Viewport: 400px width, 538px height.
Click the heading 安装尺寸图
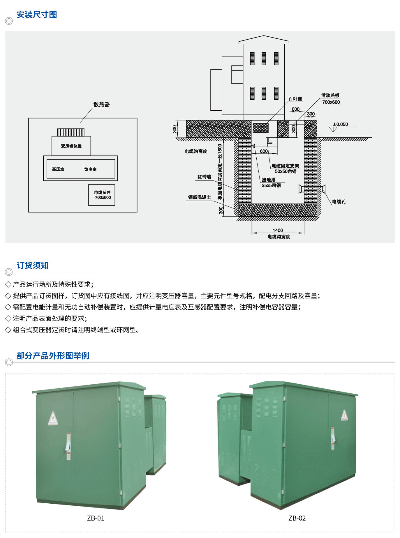[x=37, y=15]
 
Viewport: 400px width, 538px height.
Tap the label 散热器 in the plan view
[x=101, y=104]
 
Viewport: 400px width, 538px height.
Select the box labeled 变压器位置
[x=71, y=146]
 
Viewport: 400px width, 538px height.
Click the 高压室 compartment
[x=58, y=169]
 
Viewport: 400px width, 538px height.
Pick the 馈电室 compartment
[x=90, y=169]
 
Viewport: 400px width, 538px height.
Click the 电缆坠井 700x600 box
[x=102, y=195]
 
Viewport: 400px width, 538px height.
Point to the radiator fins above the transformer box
[x=71, y=132]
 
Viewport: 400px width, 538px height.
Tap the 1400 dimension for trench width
[x=278, y=230]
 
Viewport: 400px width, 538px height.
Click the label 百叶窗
[x=295, y=99]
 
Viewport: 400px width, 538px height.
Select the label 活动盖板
[x=330, y=95]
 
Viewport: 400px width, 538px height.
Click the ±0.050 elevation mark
[x=340, y=124]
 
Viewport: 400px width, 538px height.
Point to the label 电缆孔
[x=339, y=201]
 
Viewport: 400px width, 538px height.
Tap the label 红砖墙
[x=204, y=177]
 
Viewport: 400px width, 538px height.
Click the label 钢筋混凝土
[x=199, y=197]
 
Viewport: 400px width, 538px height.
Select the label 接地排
[x=268, y=180]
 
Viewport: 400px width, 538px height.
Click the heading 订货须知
[x=32, y=266]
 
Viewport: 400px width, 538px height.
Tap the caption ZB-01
[x=96, y=518]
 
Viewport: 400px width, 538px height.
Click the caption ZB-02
[x=297, y=518]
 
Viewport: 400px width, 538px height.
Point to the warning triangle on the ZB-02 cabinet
[x=344, y=415]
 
